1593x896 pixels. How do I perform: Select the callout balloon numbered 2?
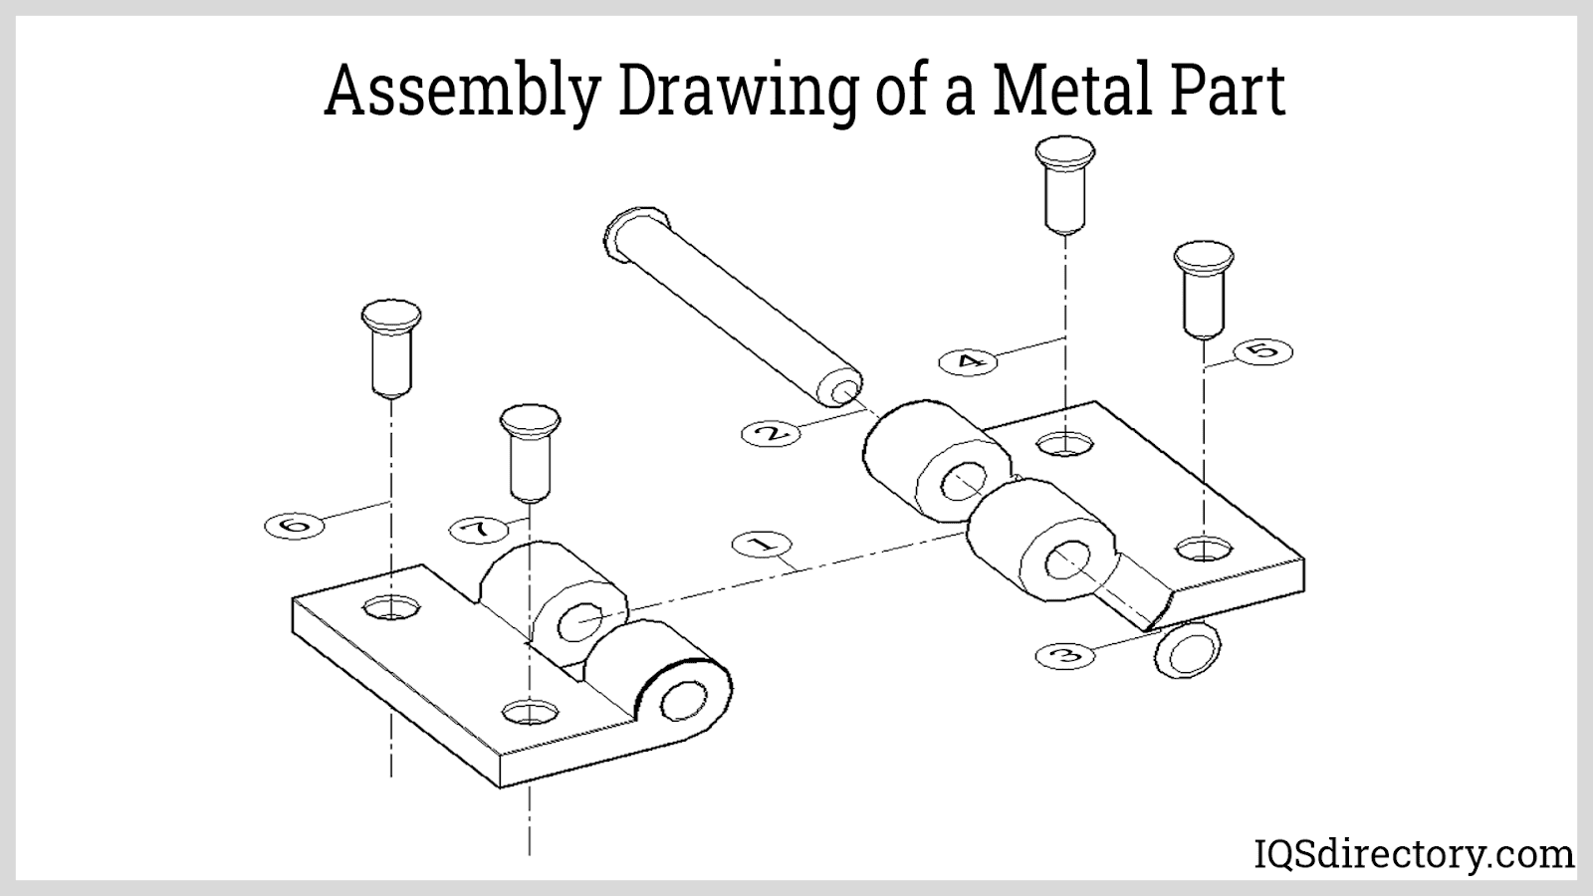[771, 433]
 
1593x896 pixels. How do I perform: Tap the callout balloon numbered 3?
[1065, 655]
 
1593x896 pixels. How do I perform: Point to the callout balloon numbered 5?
[1263, 352]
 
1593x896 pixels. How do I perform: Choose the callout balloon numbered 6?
[295, 527]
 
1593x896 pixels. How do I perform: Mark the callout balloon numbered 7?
[479, 529]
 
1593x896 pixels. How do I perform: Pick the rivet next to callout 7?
[530, 453]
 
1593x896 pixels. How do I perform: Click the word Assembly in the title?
[461, 91]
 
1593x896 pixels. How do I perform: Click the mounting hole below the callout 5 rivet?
[1204, 549]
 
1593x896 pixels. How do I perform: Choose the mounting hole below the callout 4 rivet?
[1064, 444]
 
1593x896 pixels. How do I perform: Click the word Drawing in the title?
[738, 93]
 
